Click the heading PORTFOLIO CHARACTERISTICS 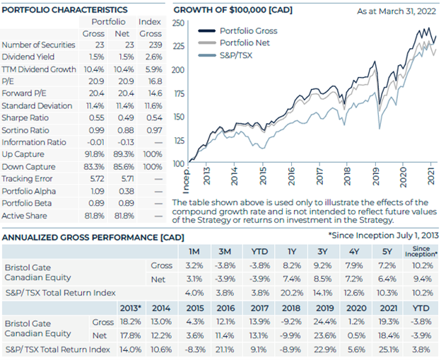click(x=64, y=10)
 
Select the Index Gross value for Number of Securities click(x=155, y=45)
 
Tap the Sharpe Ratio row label click(x=25, y=117)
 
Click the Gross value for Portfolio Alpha click(x=98, y=191)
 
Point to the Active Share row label click(x=24, y=216)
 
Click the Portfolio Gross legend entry click(x=238, y=30)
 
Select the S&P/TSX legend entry click(x=225, y=55)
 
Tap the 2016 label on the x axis click(x=291, y=176)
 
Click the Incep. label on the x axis click(x=187, y=180)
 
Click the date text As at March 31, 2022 click(x=396, y=11)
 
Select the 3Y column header click(x=322, y=251)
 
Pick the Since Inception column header click(x=421, y=251)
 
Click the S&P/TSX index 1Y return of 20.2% click(x=292, y=293)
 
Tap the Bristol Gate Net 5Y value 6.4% click(x=387, y=279)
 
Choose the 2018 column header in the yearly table click(x=291, y=308)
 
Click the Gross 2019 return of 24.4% click(x=325, y=321)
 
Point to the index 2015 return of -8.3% click(x=195, y=349)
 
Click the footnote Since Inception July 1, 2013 click(x=384, y=236)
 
